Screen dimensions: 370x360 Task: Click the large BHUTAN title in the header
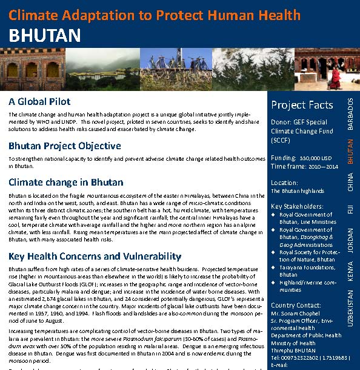pos(45,35)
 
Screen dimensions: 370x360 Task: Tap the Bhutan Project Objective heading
pos(65,146)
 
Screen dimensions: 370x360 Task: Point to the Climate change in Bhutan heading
pos(65,182)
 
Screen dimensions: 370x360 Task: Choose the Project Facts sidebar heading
pos(302,105)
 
